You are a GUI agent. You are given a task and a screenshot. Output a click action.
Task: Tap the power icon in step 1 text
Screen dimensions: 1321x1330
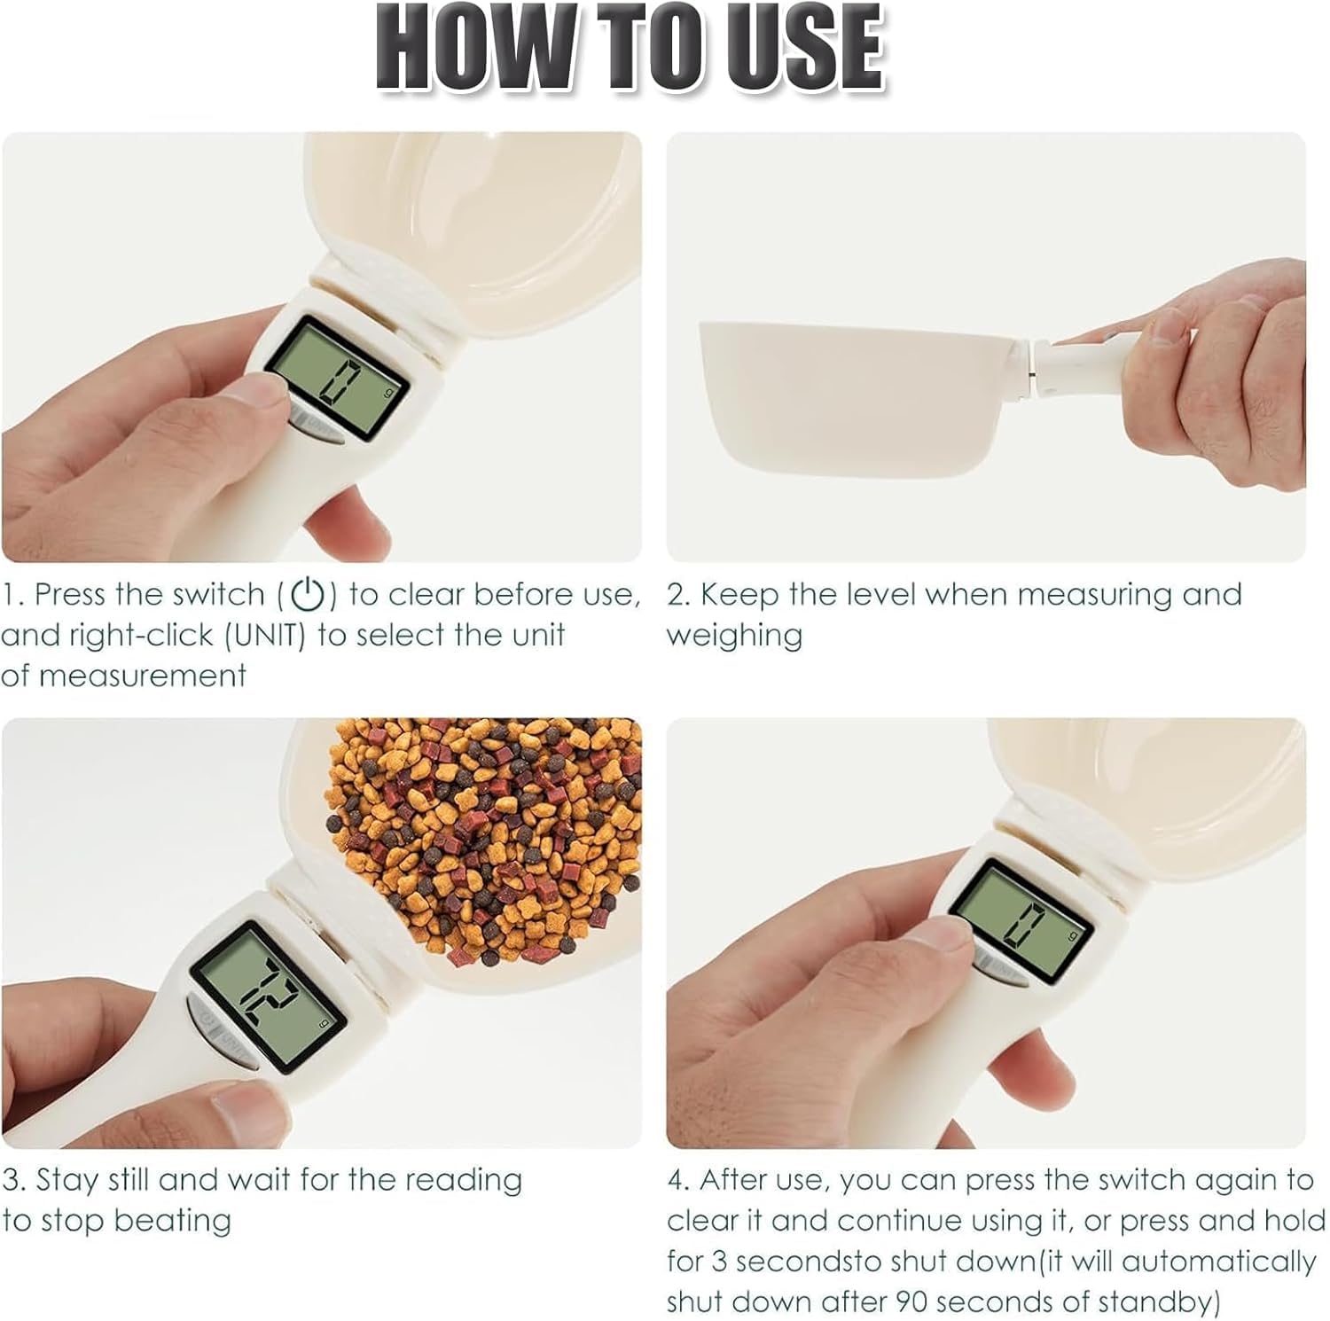tap(308, 595)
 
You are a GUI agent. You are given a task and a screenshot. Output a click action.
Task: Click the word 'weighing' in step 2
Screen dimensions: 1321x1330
tap(734, 636)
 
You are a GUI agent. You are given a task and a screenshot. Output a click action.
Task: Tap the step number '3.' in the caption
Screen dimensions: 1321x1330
tap(14, 1180)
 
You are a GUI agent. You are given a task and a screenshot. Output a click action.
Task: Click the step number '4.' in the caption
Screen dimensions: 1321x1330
tap(679, 1180)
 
